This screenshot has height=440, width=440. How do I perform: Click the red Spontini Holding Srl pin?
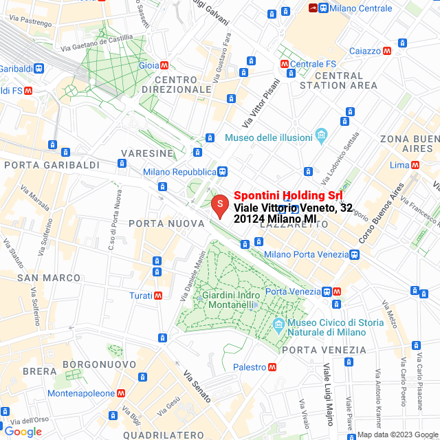[219, 205]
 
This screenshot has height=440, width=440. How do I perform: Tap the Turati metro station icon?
[159, 295]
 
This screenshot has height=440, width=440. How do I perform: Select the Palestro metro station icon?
[273, 366]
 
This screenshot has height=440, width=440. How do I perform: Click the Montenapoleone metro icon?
[121, 393]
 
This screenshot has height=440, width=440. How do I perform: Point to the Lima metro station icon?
[416, 165]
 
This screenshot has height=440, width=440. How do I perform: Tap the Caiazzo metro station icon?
[387, 51]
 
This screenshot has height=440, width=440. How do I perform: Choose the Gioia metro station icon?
[164, 66]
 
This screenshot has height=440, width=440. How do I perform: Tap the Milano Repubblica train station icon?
[222, 172]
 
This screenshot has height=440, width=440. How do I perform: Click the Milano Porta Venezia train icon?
[354, 255]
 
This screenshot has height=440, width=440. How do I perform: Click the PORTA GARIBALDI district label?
[43, 165]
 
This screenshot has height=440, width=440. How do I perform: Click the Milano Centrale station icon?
[322, 8]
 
